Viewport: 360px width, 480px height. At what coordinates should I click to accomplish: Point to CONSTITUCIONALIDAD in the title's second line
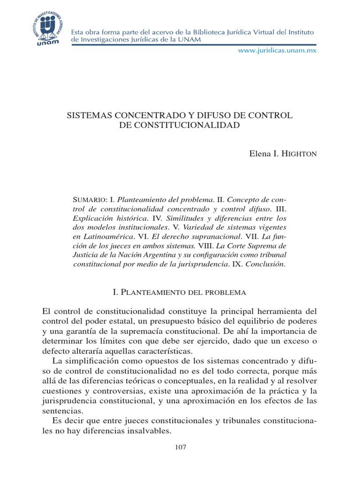[180, 125]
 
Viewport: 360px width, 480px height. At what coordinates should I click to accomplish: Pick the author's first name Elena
[259, 154]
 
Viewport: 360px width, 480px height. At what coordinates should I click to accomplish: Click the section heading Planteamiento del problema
[180, 292]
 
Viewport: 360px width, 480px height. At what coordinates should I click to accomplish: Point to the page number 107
[180, 447]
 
